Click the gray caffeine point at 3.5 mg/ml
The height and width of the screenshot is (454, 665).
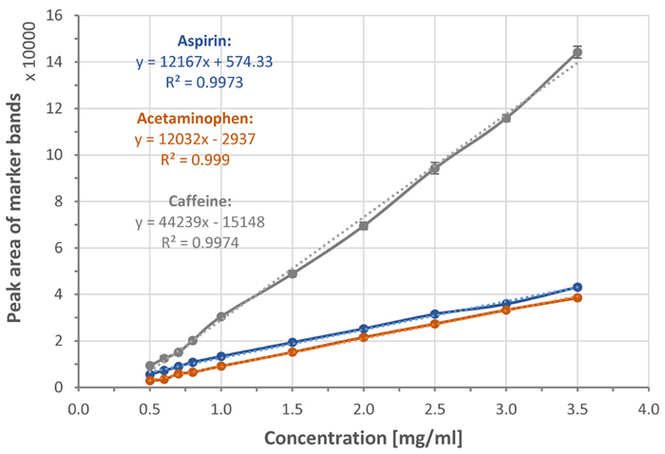pyautogui.click(x=577, y=52)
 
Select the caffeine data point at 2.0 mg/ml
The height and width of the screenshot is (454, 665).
pyautogui.click(x=364, y=225)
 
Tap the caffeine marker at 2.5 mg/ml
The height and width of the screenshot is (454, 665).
pyautogui.click(x=435, y=168)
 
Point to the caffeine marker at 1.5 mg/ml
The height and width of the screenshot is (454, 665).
pyautogui.click(x=293, y=274)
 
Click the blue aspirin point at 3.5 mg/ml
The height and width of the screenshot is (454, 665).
pyautogui.click(x=577, y=287)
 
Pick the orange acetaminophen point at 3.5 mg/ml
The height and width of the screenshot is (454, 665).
pyautogui.click(x=577, y=297)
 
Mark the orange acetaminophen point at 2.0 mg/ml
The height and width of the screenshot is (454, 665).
pyautogui.click(x=364, y=337)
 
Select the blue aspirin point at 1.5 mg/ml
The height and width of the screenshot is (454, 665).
pyautogui.click(x=293, y=342)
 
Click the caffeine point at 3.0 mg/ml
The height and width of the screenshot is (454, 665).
pyautogui.click(x=506, y=118)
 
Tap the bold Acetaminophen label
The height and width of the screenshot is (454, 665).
pyautogui.click(x=193, y=120)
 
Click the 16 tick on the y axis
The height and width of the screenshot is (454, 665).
pyautogui.click(x=55, y=16)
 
